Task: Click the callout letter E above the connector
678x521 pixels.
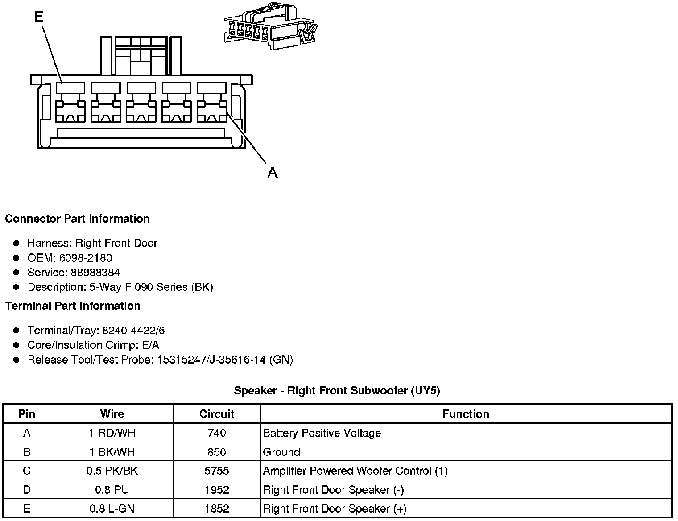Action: point(39,17)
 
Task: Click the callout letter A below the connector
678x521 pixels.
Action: point(273,172)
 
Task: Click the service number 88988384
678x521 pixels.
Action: point(95,273)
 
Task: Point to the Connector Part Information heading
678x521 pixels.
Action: point(77,219)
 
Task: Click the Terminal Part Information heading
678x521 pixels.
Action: point(73,306)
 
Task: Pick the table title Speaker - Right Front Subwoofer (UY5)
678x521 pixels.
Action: point(337,391)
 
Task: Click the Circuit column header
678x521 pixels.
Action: point(217,414)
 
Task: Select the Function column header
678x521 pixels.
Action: point(466,414)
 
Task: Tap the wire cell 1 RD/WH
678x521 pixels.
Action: point(112,433)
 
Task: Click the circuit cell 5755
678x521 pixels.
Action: point(217,471)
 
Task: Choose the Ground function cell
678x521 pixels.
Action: point(281,452)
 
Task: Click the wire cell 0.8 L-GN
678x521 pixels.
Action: point(112,509)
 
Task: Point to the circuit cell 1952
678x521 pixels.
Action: point(217,490)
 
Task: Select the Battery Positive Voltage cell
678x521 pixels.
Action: point(322,433)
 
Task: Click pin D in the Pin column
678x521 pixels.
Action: point(27,490)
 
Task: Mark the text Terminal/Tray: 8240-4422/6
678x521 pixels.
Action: point(96,331)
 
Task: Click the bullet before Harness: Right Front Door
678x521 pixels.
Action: point(17,243)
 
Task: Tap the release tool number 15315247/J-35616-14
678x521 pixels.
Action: point(212,360)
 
